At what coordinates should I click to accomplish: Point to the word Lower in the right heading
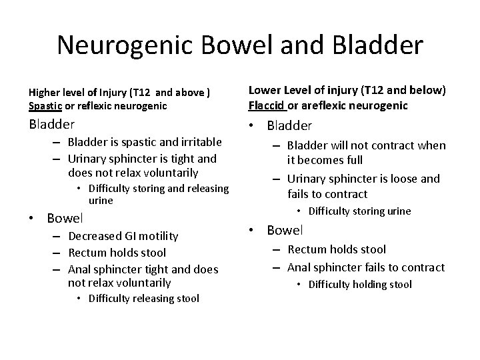[x=264, y=91]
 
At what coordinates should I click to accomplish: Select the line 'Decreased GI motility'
[x=123, y=235]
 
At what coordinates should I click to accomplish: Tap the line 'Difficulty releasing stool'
[x=143, y=298]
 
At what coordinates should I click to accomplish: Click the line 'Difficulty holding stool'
[x=360, y=285]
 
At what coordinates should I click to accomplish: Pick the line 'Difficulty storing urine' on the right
[x=360, y=211]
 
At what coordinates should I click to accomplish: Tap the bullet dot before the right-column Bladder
[x=254, y=125]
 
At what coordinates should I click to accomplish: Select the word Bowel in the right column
[x=285, y=230]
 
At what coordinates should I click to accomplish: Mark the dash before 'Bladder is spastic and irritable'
[x=55, y=142]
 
